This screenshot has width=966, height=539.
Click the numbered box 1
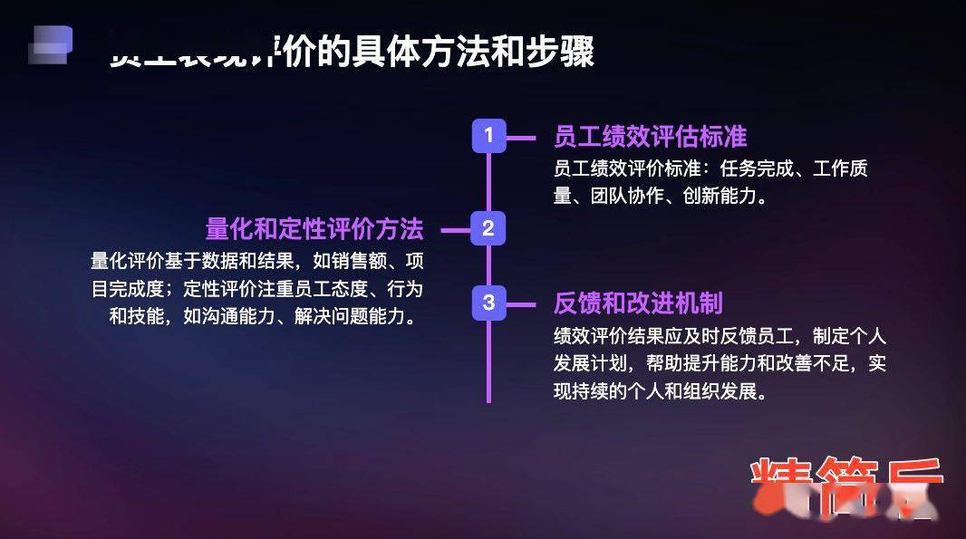(x=488, y=136)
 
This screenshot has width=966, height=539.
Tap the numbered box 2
(x=488, y=228)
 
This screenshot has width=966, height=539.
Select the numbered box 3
(x=488, y=303)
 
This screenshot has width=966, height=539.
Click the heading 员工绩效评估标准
(x=650, y=137)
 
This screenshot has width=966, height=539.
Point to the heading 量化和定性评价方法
(x=314, y=228)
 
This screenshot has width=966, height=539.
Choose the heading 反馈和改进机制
(x=638, y=303)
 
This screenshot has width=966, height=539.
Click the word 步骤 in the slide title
(x=568, y=52)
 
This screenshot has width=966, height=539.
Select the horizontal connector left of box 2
(x=456, y=230)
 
